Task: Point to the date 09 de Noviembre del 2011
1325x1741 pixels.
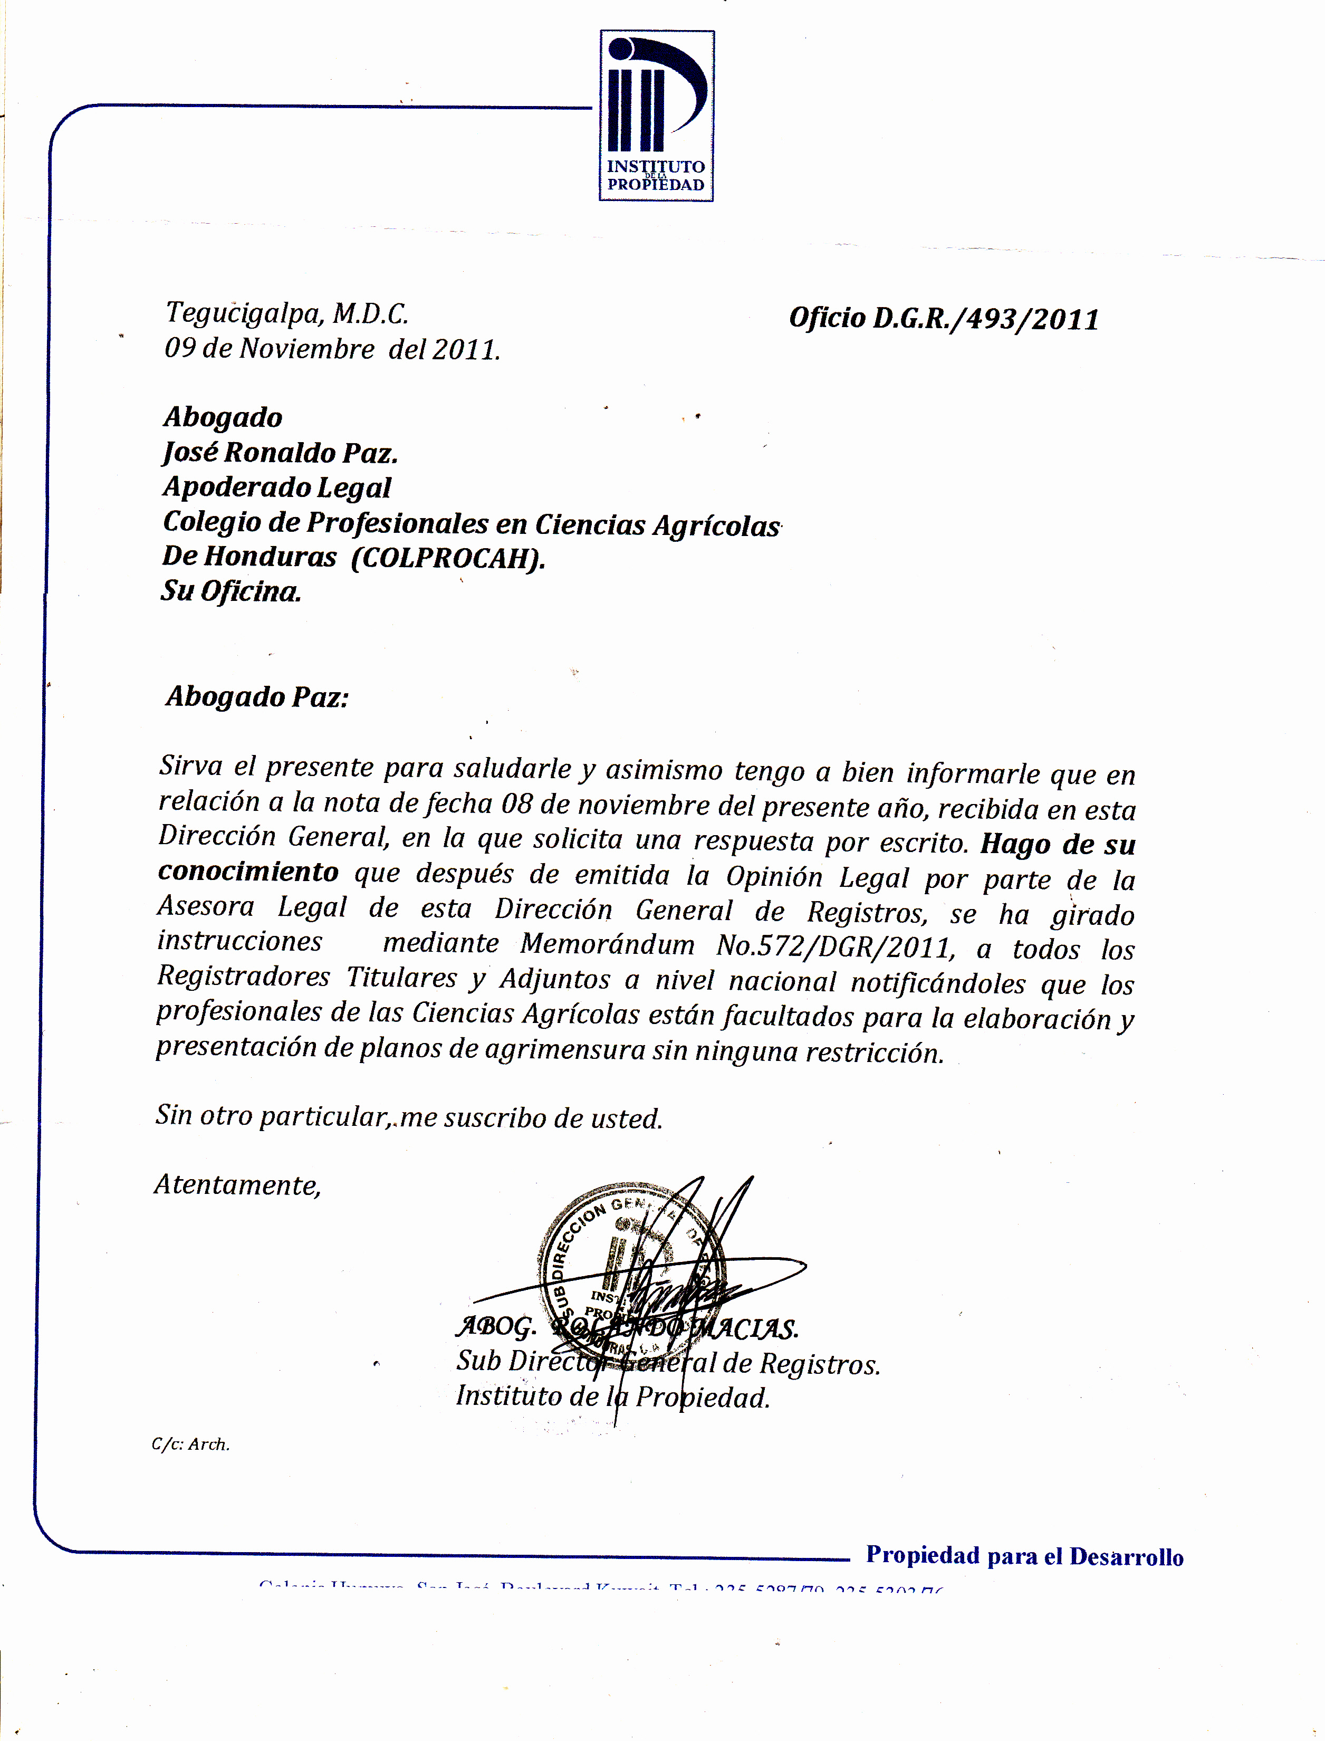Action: pyautogui.click(x=332, y=349)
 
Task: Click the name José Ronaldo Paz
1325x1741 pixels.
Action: pyautogui.click(x=280, y=452)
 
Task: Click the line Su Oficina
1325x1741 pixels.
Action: pyautogui.click(x=231, y=591)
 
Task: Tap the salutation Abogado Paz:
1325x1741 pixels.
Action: pyautogui.click(x=257, y=696)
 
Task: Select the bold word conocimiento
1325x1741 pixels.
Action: pyautogui.click(x=248, y=872)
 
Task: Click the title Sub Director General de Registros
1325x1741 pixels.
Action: pyautogui.click(x=667, y=1362)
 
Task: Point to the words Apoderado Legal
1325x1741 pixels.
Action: pyautogui.click(x=277, y=487)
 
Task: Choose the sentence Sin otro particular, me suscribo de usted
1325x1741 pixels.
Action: pyautogui.click(x=409, y=1116)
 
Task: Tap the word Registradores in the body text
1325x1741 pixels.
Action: pyautogui.click(x=243, y=977)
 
